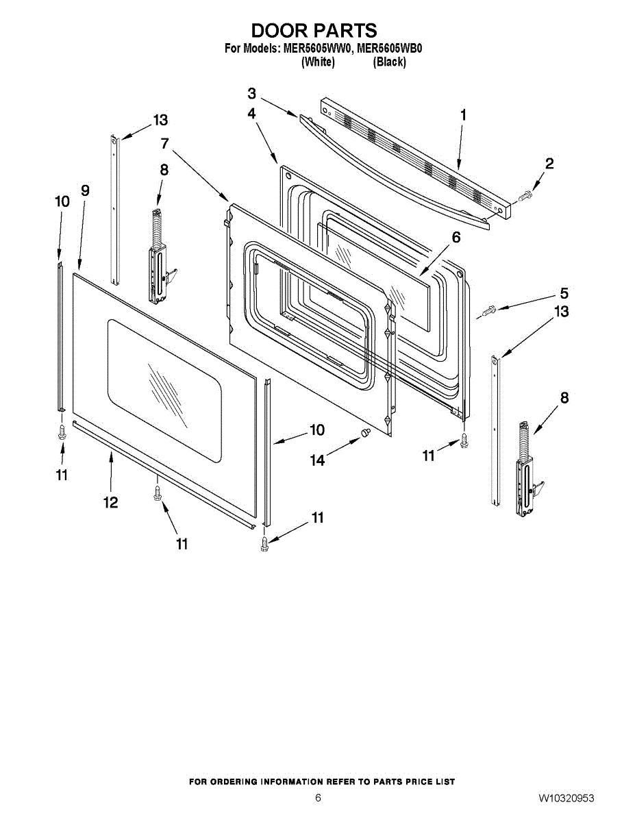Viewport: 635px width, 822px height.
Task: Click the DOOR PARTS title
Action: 314,31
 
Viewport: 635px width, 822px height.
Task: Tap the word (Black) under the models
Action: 389,62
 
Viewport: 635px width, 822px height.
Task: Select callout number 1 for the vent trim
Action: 463,115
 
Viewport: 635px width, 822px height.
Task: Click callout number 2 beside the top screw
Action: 549,164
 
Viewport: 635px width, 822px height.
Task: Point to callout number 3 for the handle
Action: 252,94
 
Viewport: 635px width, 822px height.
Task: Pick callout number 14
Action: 318,461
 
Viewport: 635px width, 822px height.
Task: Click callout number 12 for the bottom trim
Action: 110,503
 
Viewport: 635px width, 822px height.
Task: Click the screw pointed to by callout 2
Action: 525,197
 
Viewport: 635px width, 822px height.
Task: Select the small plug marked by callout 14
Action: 366,433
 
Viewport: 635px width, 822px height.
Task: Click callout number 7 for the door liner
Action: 165,144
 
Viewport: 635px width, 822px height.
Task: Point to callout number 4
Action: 252,114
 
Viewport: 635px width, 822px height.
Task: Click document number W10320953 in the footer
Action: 566,799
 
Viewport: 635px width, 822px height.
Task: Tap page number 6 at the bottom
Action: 318,798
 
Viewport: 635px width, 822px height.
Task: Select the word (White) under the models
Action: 318,62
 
